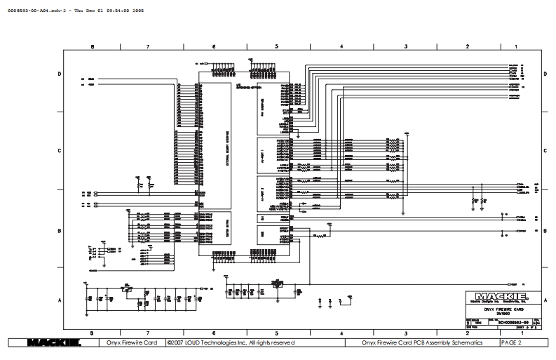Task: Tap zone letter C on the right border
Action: [545, 151]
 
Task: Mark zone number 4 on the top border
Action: [341, 46]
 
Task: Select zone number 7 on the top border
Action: [148, 46]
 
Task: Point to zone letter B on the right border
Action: [545, 230]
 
